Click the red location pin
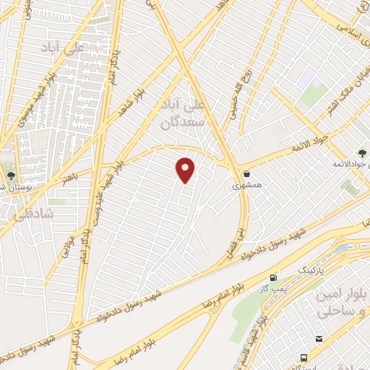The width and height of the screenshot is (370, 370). click(x=186, y=170)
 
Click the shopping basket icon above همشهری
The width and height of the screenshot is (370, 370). click(x=248, y=173)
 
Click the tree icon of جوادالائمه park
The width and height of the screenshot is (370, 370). click(x=361, y=153)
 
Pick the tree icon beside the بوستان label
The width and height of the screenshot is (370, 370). click(x=10, y=175)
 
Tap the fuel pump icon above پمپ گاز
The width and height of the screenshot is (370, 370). click(x=273, y=277)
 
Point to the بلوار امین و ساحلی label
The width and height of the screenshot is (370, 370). click(x=342, y=304)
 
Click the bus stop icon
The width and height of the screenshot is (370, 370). click(x=304, y=358)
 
